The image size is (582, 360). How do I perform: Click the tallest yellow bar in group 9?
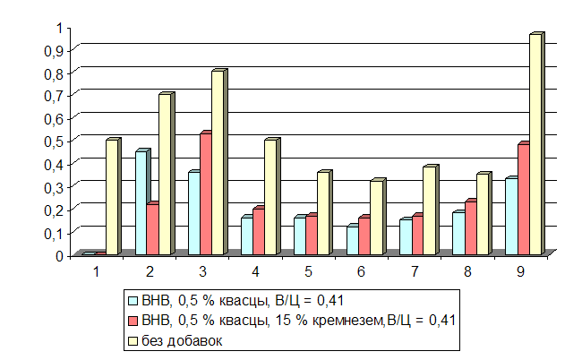pyautogui.click(x=535, y=143)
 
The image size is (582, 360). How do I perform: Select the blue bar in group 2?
pyautogui.click(x=141, y=202)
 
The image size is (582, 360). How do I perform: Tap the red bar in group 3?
pyautogui.click(x=204, y=193)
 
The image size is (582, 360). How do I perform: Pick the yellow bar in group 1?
pyautogui.click(x=111, y=197)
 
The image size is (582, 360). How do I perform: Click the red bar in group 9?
pyautogui.click(x=523, y=199)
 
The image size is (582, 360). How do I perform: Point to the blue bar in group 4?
pyautogui.click(x=246, y=236)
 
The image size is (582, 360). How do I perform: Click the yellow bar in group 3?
pyautogui.click(x=217, y=162)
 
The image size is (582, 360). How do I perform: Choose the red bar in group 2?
pyautogui.click(x=152, y=229)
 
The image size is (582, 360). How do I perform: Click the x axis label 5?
pyautogui.click(x=308, y=270)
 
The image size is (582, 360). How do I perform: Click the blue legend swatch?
pyautogui.click(x=133, y=301)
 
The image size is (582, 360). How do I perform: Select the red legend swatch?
pyautogui.click(x=133, y=321)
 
